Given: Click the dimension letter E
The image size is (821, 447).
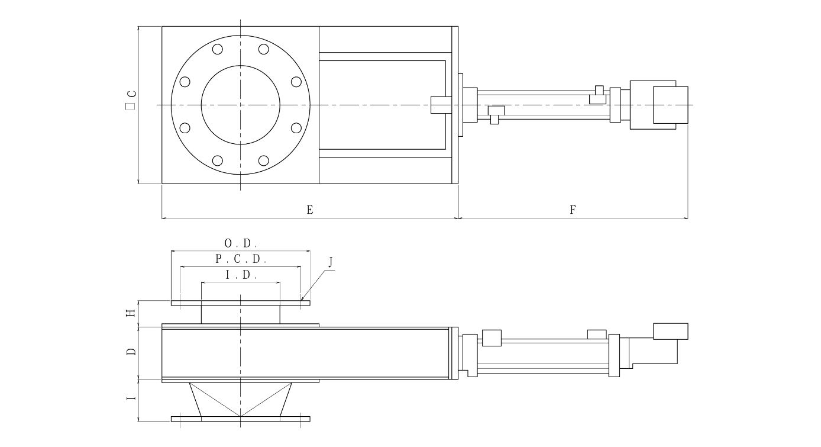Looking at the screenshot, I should (x=309, y=210).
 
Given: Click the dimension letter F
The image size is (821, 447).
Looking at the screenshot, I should (x=573, y=210).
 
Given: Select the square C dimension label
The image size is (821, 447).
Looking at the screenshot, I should (x=131, y=101).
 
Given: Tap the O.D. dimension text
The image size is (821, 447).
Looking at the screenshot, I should (x=241, y=243).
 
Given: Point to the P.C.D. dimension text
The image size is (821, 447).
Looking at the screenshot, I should (x=241, y=259).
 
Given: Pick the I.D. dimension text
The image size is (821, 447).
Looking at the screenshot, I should (x=241, y=275).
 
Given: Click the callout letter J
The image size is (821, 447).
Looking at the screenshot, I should (x=331, y=261).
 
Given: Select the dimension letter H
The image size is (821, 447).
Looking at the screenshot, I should (x=131, y=313).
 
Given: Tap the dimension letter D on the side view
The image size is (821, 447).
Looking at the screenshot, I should (x=131, y=351).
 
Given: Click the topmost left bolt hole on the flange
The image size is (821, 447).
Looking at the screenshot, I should (x=218, y=49).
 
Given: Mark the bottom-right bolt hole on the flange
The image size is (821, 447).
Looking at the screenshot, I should (x=264, y=160).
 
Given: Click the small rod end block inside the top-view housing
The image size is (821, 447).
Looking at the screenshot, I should (x=439, y=104).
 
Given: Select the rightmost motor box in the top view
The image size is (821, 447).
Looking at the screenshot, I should (x=670, y=105).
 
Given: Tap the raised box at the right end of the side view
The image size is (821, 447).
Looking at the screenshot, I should (x=670, y=331).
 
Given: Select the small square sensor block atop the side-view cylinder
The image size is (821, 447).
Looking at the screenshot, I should (x=492, y=337).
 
